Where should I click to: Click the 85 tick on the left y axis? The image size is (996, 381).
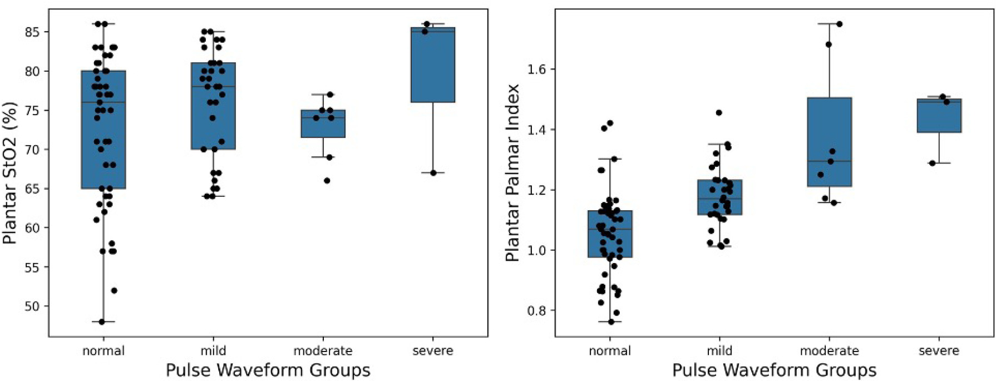click(33, 32)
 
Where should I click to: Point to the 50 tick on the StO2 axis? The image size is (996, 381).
click(33, 306)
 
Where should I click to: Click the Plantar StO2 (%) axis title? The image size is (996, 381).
click(10, 172)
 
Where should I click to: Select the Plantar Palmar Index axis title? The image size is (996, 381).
click(512, 172)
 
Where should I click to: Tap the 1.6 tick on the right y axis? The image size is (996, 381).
click(538, 70)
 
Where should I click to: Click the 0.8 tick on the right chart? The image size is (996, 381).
click(538, 311)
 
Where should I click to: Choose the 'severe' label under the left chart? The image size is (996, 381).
click(433, 351)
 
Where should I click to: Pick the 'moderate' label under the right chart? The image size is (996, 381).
click(829, 351)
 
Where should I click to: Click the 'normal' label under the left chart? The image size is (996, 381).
click(103, 351)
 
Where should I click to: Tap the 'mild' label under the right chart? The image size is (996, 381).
click(719, 351)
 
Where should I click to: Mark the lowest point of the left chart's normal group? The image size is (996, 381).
click(102, 322)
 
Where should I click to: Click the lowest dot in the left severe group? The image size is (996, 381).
click(433, 173)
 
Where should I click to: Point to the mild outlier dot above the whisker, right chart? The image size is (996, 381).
click(719, 113)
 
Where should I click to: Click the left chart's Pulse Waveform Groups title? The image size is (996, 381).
click(268, 370)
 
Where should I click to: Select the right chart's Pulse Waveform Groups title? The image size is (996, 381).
click(774, 370)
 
